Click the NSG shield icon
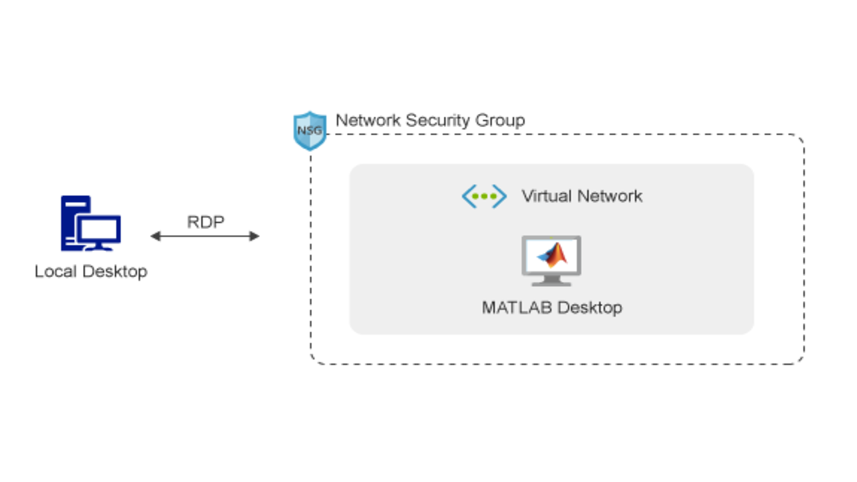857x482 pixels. coord(310,131)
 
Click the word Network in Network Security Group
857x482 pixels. coord(366,120)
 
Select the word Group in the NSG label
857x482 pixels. coord(501,120)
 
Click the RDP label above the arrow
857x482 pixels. coord(205,222)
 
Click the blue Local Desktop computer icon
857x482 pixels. coord(90,224)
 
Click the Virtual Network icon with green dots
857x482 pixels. coord(484,196)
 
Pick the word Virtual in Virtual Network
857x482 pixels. coord(545,196)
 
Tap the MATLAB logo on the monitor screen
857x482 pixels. coord(552,254)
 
